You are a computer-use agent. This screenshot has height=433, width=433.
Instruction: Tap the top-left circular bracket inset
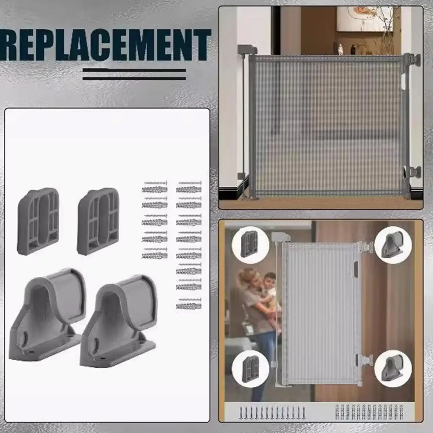pos(250,245)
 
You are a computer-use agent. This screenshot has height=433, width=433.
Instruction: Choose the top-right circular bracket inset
pos(393,245)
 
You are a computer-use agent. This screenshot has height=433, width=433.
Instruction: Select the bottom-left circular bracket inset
pos(250,369)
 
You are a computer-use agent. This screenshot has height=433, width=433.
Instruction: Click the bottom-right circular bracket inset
pos(393,369)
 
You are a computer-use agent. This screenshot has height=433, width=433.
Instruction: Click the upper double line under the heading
pos(134,71)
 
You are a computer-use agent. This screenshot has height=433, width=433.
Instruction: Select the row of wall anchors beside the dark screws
pos(369,412)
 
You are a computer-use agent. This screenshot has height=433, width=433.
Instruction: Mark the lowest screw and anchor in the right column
pos(189,304)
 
